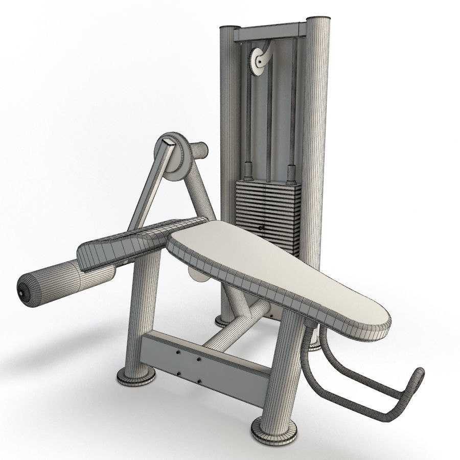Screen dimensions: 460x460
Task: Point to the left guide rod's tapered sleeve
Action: [248, 170]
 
